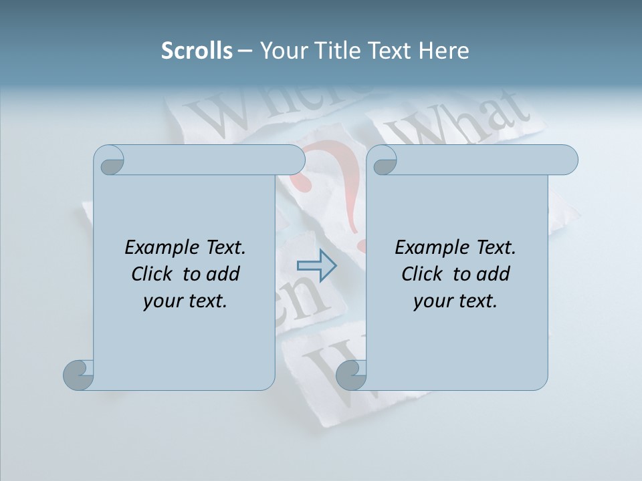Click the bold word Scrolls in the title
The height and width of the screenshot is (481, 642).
197,51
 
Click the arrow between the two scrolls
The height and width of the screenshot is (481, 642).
316,266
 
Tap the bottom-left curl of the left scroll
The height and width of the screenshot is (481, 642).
78,375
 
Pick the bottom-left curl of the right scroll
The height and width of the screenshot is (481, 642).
351,375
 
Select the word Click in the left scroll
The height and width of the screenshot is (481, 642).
146,274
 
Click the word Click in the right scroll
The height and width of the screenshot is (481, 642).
417,274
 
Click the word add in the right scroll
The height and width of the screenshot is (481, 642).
494,274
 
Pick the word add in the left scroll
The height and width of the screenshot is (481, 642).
223,274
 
